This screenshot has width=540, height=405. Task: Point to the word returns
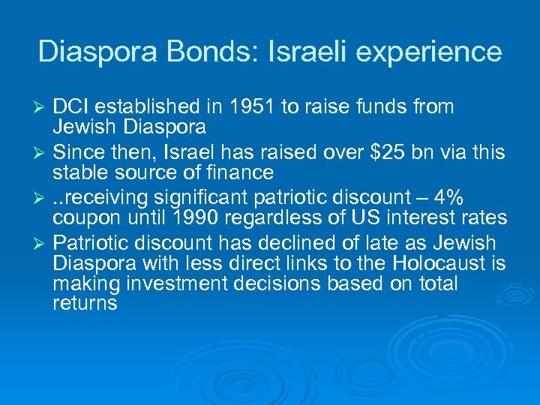point(85,303)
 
